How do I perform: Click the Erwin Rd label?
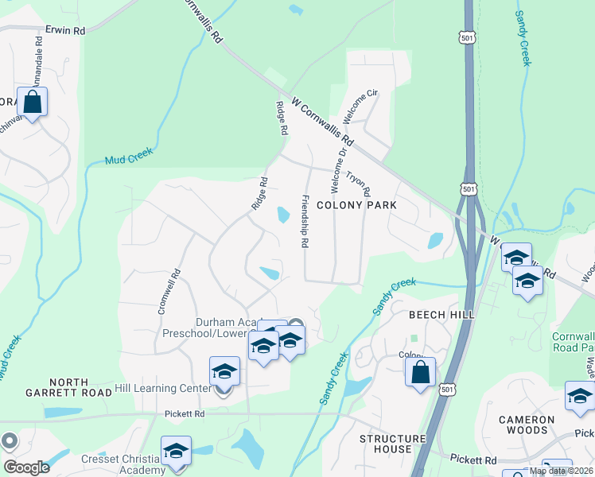(65, 31)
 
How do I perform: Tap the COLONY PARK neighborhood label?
(356, 205)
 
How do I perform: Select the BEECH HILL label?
(441, 315)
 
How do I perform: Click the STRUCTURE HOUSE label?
(392, 444)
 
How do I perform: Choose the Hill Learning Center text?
(163, 388)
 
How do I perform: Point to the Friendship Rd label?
(304, 220)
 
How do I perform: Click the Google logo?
(26, 467)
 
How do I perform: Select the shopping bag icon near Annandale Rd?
(32, 103)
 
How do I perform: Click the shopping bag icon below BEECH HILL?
(420, 372)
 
